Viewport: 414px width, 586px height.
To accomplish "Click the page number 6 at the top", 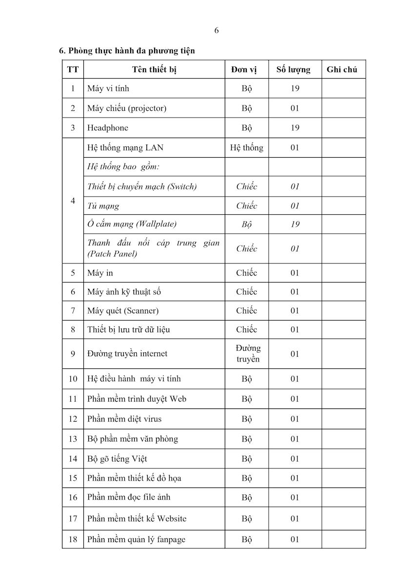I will click(217, 30).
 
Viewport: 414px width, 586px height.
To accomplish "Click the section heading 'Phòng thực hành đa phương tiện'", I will click(131, 50).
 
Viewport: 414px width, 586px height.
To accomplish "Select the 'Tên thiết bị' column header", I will click(154, 69).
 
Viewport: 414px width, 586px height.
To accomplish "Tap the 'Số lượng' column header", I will click(293, 69).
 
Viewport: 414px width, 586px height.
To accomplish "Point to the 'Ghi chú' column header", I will click(342, 69).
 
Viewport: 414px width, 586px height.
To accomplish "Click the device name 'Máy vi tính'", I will click(108, 88).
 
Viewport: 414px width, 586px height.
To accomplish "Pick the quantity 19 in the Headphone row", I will click(295, 128).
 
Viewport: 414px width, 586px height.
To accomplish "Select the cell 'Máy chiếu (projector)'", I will click(127, 108).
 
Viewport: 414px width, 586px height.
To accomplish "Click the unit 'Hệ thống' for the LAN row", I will click(246, 147).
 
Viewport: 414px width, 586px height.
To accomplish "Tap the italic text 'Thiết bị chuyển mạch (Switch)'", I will click(142, 186).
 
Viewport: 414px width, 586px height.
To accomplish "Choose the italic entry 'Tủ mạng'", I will click(103, 206).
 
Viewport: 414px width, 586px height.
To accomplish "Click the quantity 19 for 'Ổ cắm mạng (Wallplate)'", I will click(295, 224).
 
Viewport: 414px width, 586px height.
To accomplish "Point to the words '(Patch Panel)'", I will click(112, 254).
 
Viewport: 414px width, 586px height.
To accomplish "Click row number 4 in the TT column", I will click(73, 201).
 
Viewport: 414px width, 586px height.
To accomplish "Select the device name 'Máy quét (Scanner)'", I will click(123, 311).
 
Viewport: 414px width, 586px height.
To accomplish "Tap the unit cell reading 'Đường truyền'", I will click(248, 354).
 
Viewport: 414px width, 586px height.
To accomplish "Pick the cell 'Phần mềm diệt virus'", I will click(124, 419).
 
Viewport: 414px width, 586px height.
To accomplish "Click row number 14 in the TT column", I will click(73, 459).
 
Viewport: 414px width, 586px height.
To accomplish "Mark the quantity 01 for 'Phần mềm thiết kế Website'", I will click(295, 519).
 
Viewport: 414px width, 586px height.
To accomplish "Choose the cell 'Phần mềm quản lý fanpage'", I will click(136, 539).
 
